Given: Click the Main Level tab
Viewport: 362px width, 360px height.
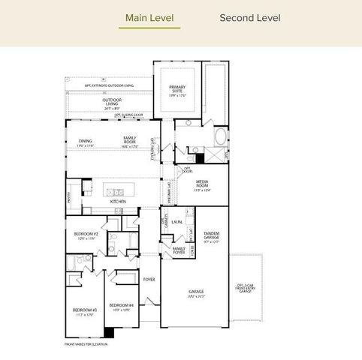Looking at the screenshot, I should click(x=152, y=17).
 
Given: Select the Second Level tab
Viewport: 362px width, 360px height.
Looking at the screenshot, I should click(x=249, y=17).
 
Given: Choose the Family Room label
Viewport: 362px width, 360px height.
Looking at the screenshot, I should click(x=131, y=140).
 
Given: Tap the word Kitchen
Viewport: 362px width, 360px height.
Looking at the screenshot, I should click(x=118, y=202).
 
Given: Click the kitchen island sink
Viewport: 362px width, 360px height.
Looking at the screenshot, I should click(x=117, y=192).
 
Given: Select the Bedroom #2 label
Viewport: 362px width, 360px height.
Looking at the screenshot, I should click(x=86, y=235).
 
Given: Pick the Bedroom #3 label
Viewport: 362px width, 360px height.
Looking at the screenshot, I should click(x=82, y=311).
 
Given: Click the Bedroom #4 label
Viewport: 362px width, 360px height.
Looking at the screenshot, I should click(x=120, y=306).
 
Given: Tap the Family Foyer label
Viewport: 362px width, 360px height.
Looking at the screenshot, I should click(x=179, y=250).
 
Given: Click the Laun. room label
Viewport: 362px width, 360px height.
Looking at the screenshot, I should click(x=177, y=222).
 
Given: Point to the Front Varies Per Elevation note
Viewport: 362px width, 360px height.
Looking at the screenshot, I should click(x=86, y=343).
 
